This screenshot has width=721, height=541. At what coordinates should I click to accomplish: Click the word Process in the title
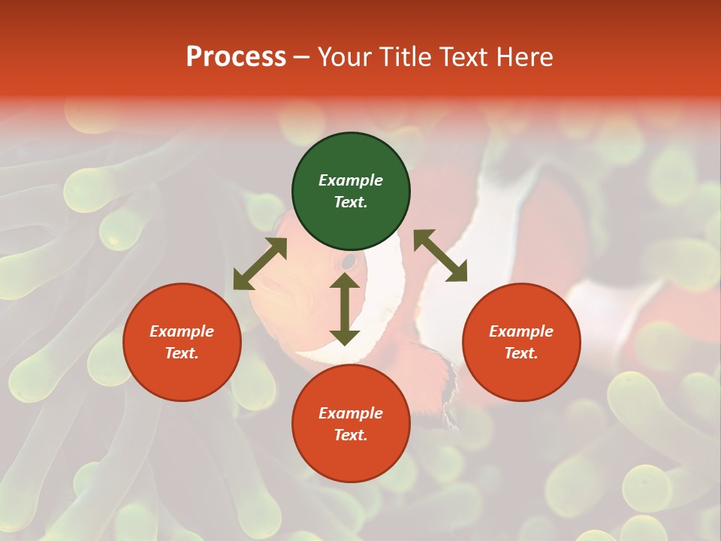pyautogui.click(x=236, y=57)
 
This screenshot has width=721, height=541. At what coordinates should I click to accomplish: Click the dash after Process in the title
pyautogui.click(x=302, y=58)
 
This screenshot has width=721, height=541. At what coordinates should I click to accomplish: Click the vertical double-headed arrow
pyautogui.click(x=345, y=309)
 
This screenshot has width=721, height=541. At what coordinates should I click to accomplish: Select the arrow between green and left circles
pyautogui.click(x=260, y=264)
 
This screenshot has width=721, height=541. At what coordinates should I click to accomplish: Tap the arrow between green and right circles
pyautogui.click(x=440, y=255)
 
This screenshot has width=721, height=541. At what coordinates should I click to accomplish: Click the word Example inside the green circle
pyautogui.click(x=351, y=180)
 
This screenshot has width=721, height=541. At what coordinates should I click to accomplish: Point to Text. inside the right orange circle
pyautogui.click(x=521, y=353)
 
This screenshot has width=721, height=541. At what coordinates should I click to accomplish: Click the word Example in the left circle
pyautogui.click(x=182, y=331)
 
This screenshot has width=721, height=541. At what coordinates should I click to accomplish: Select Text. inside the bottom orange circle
pyautogui.click(x=351, y=435)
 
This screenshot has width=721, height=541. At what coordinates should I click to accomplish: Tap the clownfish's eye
pyautogui.click(x=348, y=261)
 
